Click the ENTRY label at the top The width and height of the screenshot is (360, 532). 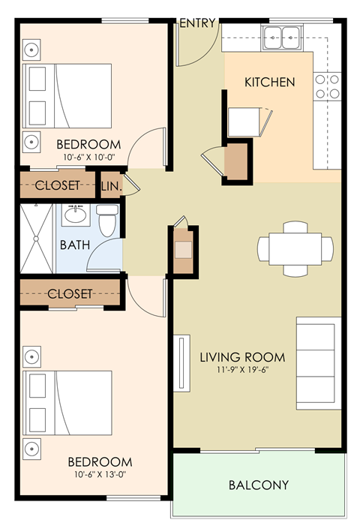coord(198,23)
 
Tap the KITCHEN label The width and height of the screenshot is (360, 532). coord(269,82)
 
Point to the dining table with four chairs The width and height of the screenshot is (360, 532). coord(295,247)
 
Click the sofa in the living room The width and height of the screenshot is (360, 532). coord(319,362)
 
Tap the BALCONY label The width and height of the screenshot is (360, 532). coord(258,485)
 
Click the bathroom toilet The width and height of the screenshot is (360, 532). coord(107,221)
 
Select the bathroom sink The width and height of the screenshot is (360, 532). coord(75,215)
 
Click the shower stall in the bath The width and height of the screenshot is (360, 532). coord(37,238)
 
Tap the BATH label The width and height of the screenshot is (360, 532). coord(74,245)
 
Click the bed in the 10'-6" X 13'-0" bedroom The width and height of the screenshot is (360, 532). coord(68,404)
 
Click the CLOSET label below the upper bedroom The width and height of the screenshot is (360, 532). coord(58,185)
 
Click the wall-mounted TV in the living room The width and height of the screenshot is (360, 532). coord(181,363)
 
